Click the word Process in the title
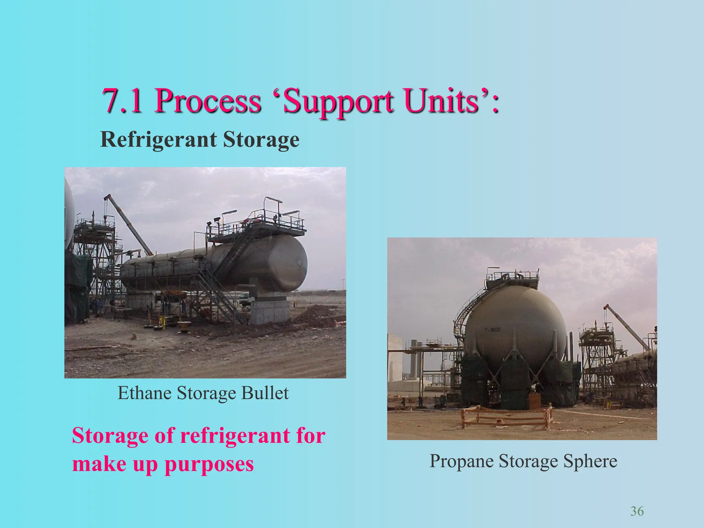[208, 101]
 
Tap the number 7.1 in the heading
[122, 101]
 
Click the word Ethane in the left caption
[144, 393]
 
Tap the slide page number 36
[637, 511]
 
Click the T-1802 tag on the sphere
[493, 330]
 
